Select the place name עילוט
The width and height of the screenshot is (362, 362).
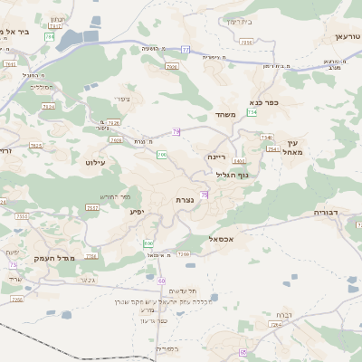[x=95, y=162]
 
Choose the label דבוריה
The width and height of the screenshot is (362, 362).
[x=326, y=212]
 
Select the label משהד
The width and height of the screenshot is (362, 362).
[x=225, y=115]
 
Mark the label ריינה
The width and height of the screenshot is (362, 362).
[x=215, y=157]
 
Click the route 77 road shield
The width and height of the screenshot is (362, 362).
[x=186, y=49]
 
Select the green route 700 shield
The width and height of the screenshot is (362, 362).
[x=161, y=155]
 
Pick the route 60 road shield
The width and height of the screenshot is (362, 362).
[x=161, y=281]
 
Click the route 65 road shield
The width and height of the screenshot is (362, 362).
[x=243, y=351]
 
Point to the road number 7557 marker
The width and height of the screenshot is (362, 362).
[x=20, y=216]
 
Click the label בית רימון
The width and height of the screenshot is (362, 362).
[x=241, y=21]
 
